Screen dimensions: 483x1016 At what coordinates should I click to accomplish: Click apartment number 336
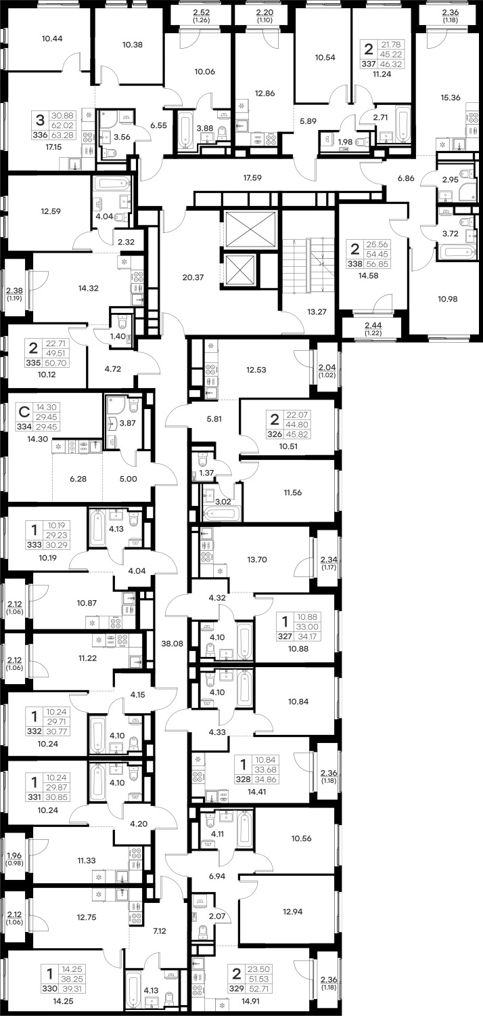click(41, 135)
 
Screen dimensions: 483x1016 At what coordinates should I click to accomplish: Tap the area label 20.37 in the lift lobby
click(193, 277)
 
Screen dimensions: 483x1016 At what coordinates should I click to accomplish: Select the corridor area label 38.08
click(172, 643)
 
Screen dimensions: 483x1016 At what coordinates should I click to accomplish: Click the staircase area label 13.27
click(317, 312)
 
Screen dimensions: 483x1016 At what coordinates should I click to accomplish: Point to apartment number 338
click(354, 263)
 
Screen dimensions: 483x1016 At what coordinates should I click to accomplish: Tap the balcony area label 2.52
click(201, 12)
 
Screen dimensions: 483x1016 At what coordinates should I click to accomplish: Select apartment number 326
click(275, 434)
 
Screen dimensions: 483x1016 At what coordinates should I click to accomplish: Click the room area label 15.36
click(451, 98)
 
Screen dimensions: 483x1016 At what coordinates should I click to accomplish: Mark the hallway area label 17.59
click(252, 177)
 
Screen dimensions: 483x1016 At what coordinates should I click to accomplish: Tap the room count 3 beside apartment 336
click(41, 120)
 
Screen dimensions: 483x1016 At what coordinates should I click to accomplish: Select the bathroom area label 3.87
click(127, 423)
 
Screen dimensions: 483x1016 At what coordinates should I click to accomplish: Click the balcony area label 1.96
click(14, 855)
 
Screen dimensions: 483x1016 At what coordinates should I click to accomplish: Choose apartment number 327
click(285, 637)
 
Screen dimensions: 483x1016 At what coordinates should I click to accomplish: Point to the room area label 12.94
click(293, 911)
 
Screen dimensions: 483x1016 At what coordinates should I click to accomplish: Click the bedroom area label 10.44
click(52, 39)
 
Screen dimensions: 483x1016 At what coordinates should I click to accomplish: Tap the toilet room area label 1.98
click(345, 142)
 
